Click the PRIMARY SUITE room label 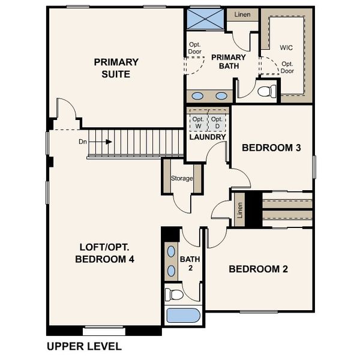116,68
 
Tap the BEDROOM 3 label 271,148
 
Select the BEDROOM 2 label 258,269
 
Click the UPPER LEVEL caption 84,346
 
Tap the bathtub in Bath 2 184,315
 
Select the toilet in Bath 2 174,294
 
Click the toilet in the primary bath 266,92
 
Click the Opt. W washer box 198,122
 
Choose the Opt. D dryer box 217,122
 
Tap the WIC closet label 286,47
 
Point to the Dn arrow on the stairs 101,142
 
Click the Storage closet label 182,178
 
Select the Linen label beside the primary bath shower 242,14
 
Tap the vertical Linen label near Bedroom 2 239,211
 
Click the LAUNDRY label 207,137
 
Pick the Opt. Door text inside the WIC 287,67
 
